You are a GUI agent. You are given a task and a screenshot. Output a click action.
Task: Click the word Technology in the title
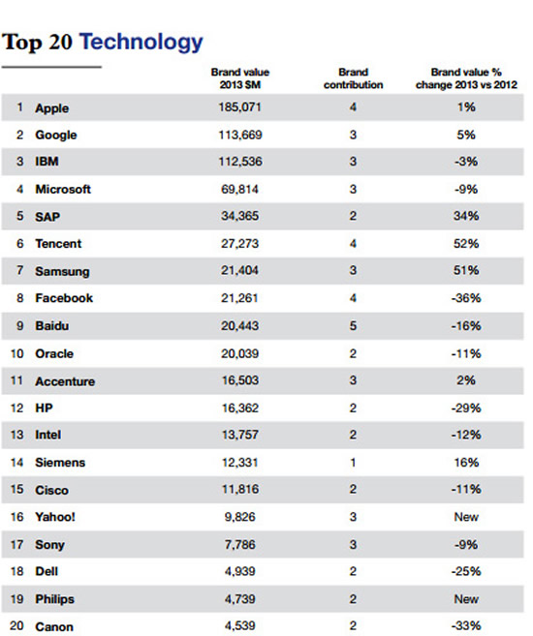141,43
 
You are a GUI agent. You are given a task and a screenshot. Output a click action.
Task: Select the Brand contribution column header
353,78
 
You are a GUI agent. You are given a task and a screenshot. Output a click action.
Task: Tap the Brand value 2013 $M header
240,78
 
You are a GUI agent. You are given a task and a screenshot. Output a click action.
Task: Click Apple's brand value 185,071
240,107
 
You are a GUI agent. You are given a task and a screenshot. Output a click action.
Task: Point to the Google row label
55,136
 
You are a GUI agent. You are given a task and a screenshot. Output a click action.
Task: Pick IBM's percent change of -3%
465,162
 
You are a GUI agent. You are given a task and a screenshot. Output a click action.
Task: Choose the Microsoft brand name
63,189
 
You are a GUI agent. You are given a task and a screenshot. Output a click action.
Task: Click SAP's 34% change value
466,216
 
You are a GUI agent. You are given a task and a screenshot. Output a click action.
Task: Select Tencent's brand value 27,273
240,243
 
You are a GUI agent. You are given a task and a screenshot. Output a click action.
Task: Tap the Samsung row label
62,271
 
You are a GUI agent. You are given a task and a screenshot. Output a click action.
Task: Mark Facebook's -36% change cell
466,298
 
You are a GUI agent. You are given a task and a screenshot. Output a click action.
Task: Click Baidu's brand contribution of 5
353,325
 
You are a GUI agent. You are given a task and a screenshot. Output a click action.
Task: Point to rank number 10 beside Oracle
17,353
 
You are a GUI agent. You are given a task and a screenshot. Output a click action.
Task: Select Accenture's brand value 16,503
240,380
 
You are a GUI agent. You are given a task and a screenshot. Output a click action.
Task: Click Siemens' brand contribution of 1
353,463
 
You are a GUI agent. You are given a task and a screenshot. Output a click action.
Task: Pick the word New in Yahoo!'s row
466,517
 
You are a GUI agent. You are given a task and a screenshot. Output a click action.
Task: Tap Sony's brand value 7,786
240,544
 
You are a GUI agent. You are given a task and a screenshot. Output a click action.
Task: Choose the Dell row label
47,571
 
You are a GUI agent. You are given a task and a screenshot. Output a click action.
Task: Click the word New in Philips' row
466,599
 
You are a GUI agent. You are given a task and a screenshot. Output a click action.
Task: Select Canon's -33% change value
466,626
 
